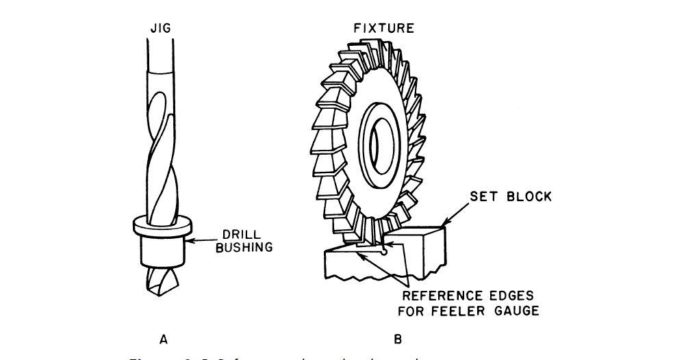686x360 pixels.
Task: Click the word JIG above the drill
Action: [x=162, y=29]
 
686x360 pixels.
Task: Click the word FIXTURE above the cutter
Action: [x=383, y=29]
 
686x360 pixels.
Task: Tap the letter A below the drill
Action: [x=162, y=338]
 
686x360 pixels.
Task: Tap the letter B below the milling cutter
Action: [x=398, y=338]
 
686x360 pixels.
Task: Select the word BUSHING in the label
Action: [x=244, y=248]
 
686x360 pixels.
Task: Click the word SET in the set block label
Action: [x=484, y=197]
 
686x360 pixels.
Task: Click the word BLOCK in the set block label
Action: [x=528, y=197]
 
